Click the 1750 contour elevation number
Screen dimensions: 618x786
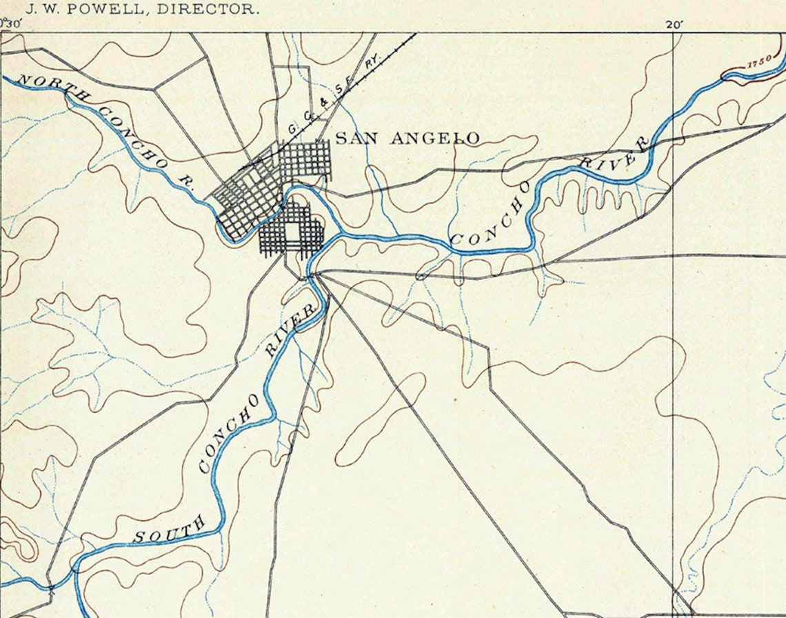tap(760, 63)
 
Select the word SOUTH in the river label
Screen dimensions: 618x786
tap(170, 529)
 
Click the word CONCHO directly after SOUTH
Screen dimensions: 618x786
tap(229, 433)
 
